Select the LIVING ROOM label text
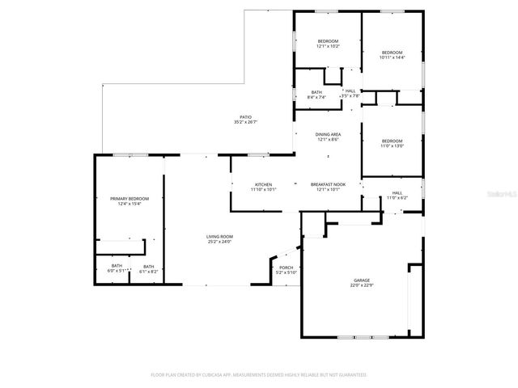click(219, 236)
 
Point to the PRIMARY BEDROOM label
click(129, 199)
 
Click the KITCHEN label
click(264, 184)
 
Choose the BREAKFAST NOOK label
click(329, 184)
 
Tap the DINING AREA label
click(328, 134)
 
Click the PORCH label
click(286, 268)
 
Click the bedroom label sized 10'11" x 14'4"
click(392, 52)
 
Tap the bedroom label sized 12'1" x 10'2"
click(328, 41)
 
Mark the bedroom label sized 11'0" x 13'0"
click(392, 141)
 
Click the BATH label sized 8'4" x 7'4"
click(317, 91)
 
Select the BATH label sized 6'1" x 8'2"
click(148, 266)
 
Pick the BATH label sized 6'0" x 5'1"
click(117, 266)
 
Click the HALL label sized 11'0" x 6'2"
click(397, 192)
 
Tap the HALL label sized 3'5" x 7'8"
click(350, 91)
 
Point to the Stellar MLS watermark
click(499, 195)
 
